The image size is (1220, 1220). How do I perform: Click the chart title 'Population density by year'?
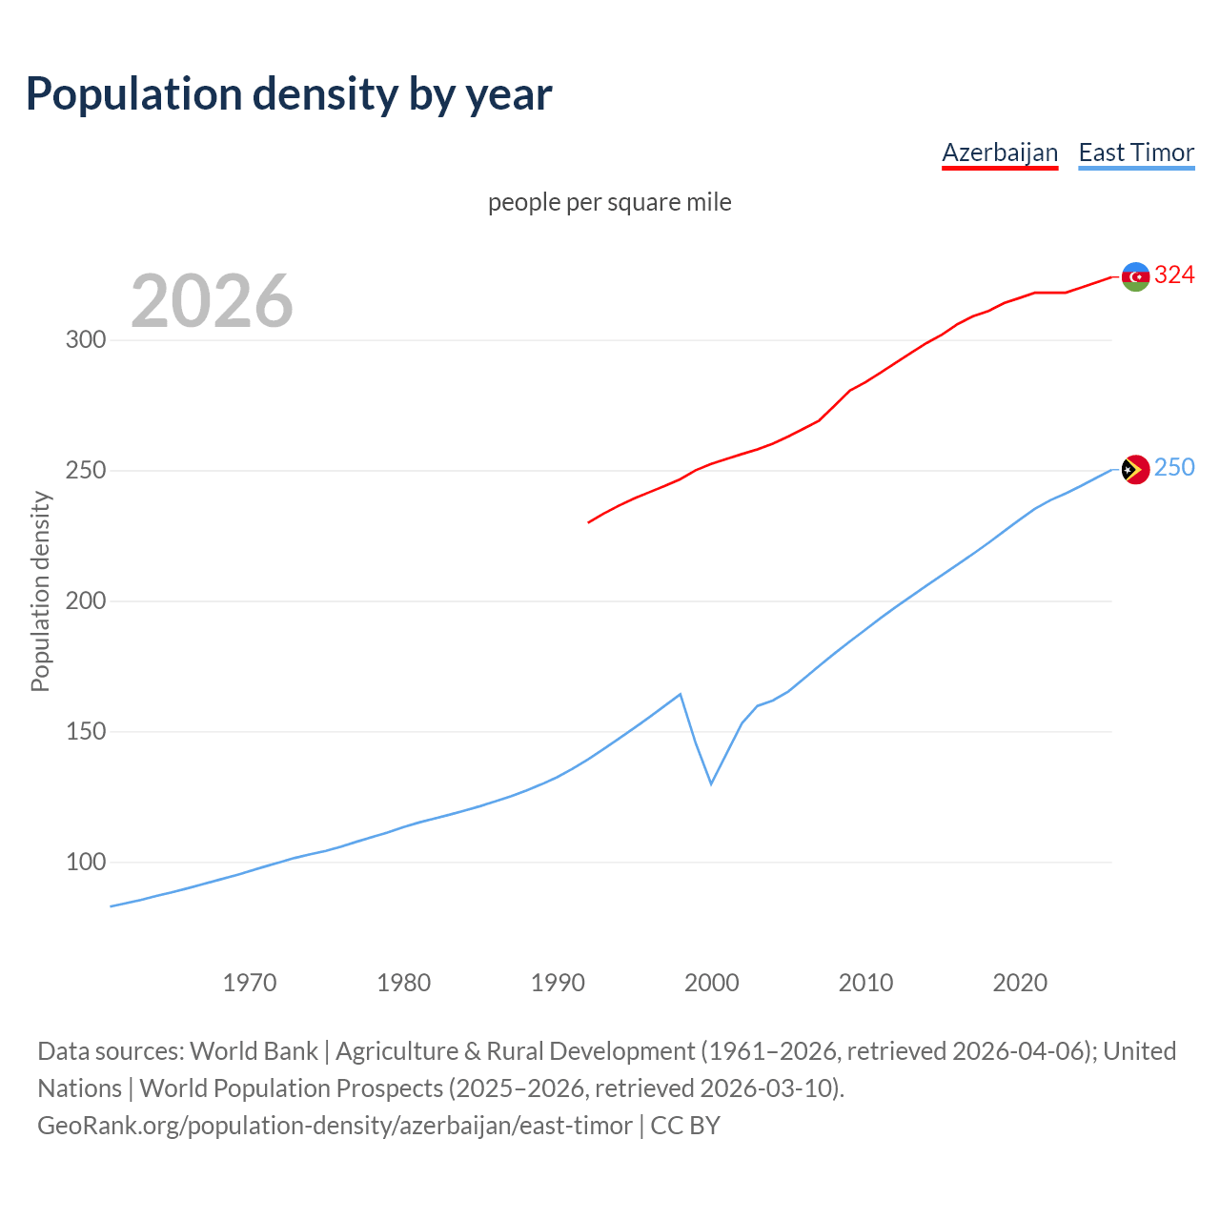pos(289,94)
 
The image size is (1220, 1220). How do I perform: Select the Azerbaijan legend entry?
pos(1000,152)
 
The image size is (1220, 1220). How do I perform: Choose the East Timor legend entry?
pos(1136,152)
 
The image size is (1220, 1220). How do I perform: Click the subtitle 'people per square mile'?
pos(610,203)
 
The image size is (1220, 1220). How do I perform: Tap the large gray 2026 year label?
pos(212,301)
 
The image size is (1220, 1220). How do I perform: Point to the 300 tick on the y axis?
pos(86,340)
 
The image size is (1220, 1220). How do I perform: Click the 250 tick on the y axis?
pos(86,471)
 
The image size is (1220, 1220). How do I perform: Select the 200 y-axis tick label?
pos(86,601)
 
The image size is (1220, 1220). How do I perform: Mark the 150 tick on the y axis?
pos(86,732)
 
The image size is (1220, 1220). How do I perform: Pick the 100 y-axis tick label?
pos(86,863)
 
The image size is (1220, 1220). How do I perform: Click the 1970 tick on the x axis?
pos(250,983)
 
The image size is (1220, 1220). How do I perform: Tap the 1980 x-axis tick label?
pos(404,983)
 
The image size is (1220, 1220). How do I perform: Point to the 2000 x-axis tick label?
pos(712,983)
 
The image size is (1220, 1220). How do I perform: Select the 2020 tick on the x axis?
pos(1020,983)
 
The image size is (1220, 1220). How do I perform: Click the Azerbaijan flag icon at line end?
pos(1135,276)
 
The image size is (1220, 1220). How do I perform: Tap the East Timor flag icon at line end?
pos(1135,469)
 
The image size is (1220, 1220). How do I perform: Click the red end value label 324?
pos(1174,275)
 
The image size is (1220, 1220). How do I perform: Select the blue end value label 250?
pos(1174,468)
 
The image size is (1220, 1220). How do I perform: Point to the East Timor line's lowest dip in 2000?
pos(711,783)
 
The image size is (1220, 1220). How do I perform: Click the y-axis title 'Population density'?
pos(40,591)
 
